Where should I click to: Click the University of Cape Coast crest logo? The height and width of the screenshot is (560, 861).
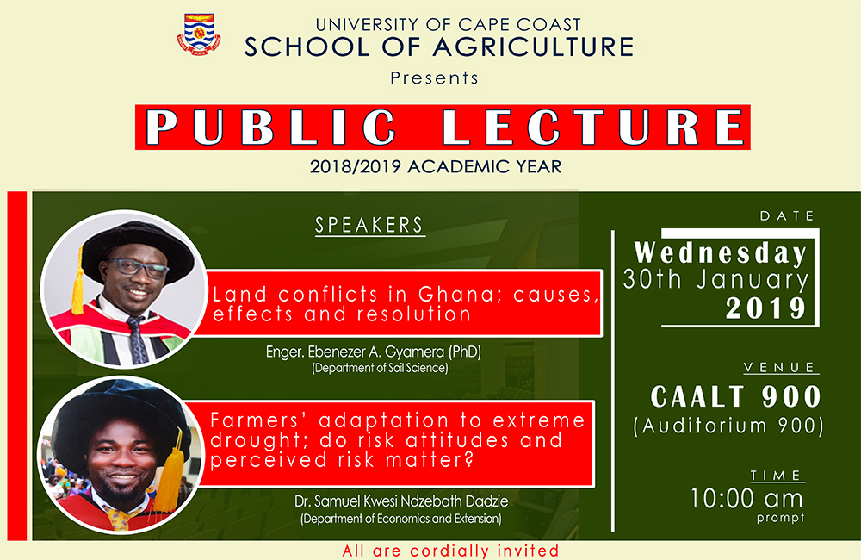coord(199,35)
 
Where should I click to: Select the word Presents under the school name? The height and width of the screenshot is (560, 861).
coord(434,78)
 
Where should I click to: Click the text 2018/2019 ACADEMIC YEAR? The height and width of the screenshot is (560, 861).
coord(436,166)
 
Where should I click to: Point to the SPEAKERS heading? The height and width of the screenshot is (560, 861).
coord(369,226)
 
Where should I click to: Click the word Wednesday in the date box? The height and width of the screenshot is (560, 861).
coord(721,253)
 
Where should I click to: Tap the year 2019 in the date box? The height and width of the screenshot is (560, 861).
coord(766,308)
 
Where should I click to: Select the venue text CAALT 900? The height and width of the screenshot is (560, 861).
coord(735,397)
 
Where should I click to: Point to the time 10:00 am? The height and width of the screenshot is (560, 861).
coord(746,498)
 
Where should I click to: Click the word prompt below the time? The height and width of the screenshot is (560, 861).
coord(781,518)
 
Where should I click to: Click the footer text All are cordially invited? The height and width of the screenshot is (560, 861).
coord(450,551)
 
